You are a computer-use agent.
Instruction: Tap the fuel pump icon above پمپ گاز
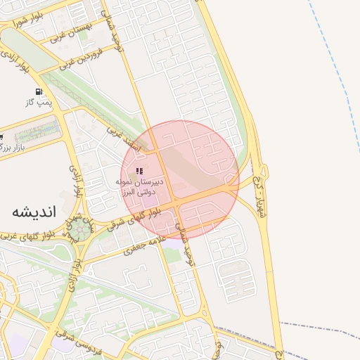[37, 92]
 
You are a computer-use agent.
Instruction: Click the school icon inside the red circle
[140, 171]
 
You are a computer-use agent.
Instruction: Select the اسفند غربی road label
[124, 140]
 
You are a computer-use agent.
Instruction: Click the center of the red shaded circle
[180, 180]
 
